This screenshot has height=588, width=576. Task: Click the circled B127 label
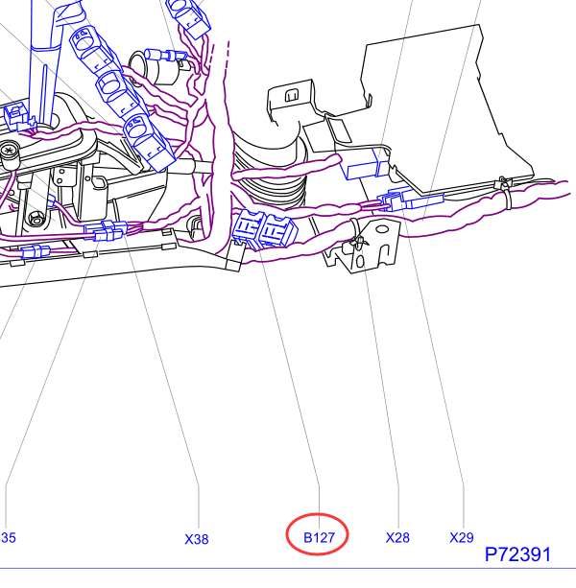point(319,537)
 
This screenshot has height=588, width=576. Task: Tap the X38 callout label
point(197,539)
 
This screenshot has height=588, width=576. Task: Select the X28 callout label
point(397,538)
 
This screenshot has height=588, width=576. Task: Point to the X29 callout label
point(462,538)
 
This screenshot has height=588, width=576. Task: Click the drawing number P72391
point(517,554)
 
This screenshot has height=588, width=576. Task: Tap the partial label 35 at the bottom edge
point(9,538)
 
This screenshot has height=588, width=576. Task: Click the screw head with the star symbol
point(8,152)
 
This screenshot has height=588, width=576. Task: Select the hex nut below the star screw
point(36,220)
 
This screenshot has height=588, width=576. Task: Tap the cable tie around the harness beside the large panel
point(505,193)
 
